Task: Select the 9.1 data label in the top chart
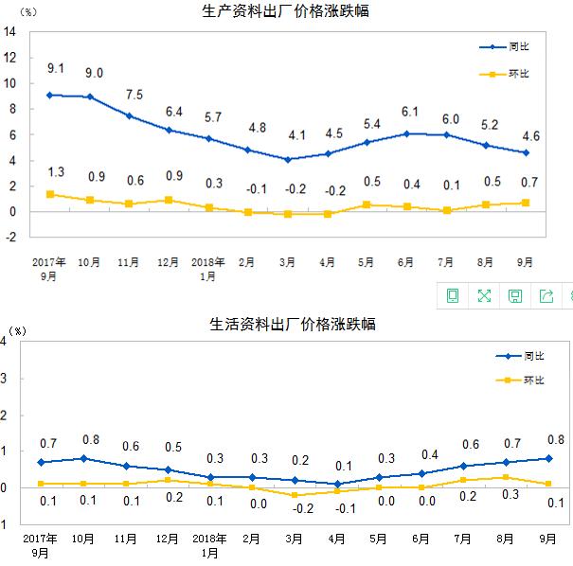click(56, 68)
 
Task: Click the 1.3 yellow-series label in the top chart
click(56, 171)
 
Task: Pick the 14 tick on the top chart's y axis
click(11, 30)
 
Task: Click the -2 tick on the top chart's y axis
click(11, 238)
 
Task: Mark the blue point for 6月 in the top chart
click(406, 133)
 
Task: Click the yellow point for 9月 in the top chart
click(526, 203)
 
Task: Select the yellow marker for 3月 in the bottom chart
click(295, 495)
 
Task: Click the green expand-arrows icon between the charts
click(484, 296)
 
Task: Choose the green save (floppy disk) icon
click(515, 296)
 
